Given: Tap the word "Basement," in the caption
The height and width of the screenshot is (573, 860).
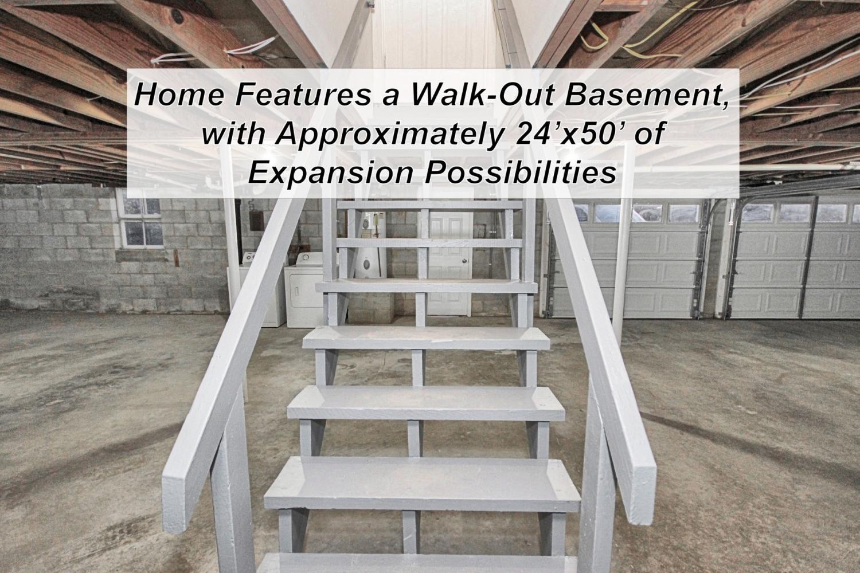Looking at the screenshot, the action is [647, 95].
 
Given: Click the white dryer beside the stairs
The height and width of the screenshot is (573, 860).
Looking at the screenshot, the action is [305, 290].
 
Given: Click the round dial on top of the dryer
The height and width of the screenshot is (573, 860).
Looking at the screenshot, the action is [307, 257].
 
